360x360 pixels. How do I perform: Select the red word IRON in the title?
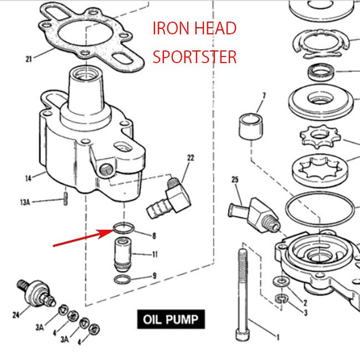171,29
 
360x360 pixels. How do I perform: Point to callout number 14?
28,178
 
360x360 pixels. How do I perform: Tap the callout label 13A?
25,203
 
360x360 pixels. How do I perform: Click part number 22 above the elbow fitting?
191,158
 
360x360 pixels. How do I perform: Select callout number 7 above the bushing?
264,96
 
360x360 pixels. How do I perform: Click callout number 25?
235,180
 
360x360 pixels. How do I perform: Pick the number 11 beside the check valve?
156,255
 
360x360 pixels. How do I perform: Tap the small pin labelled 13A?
66,197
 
